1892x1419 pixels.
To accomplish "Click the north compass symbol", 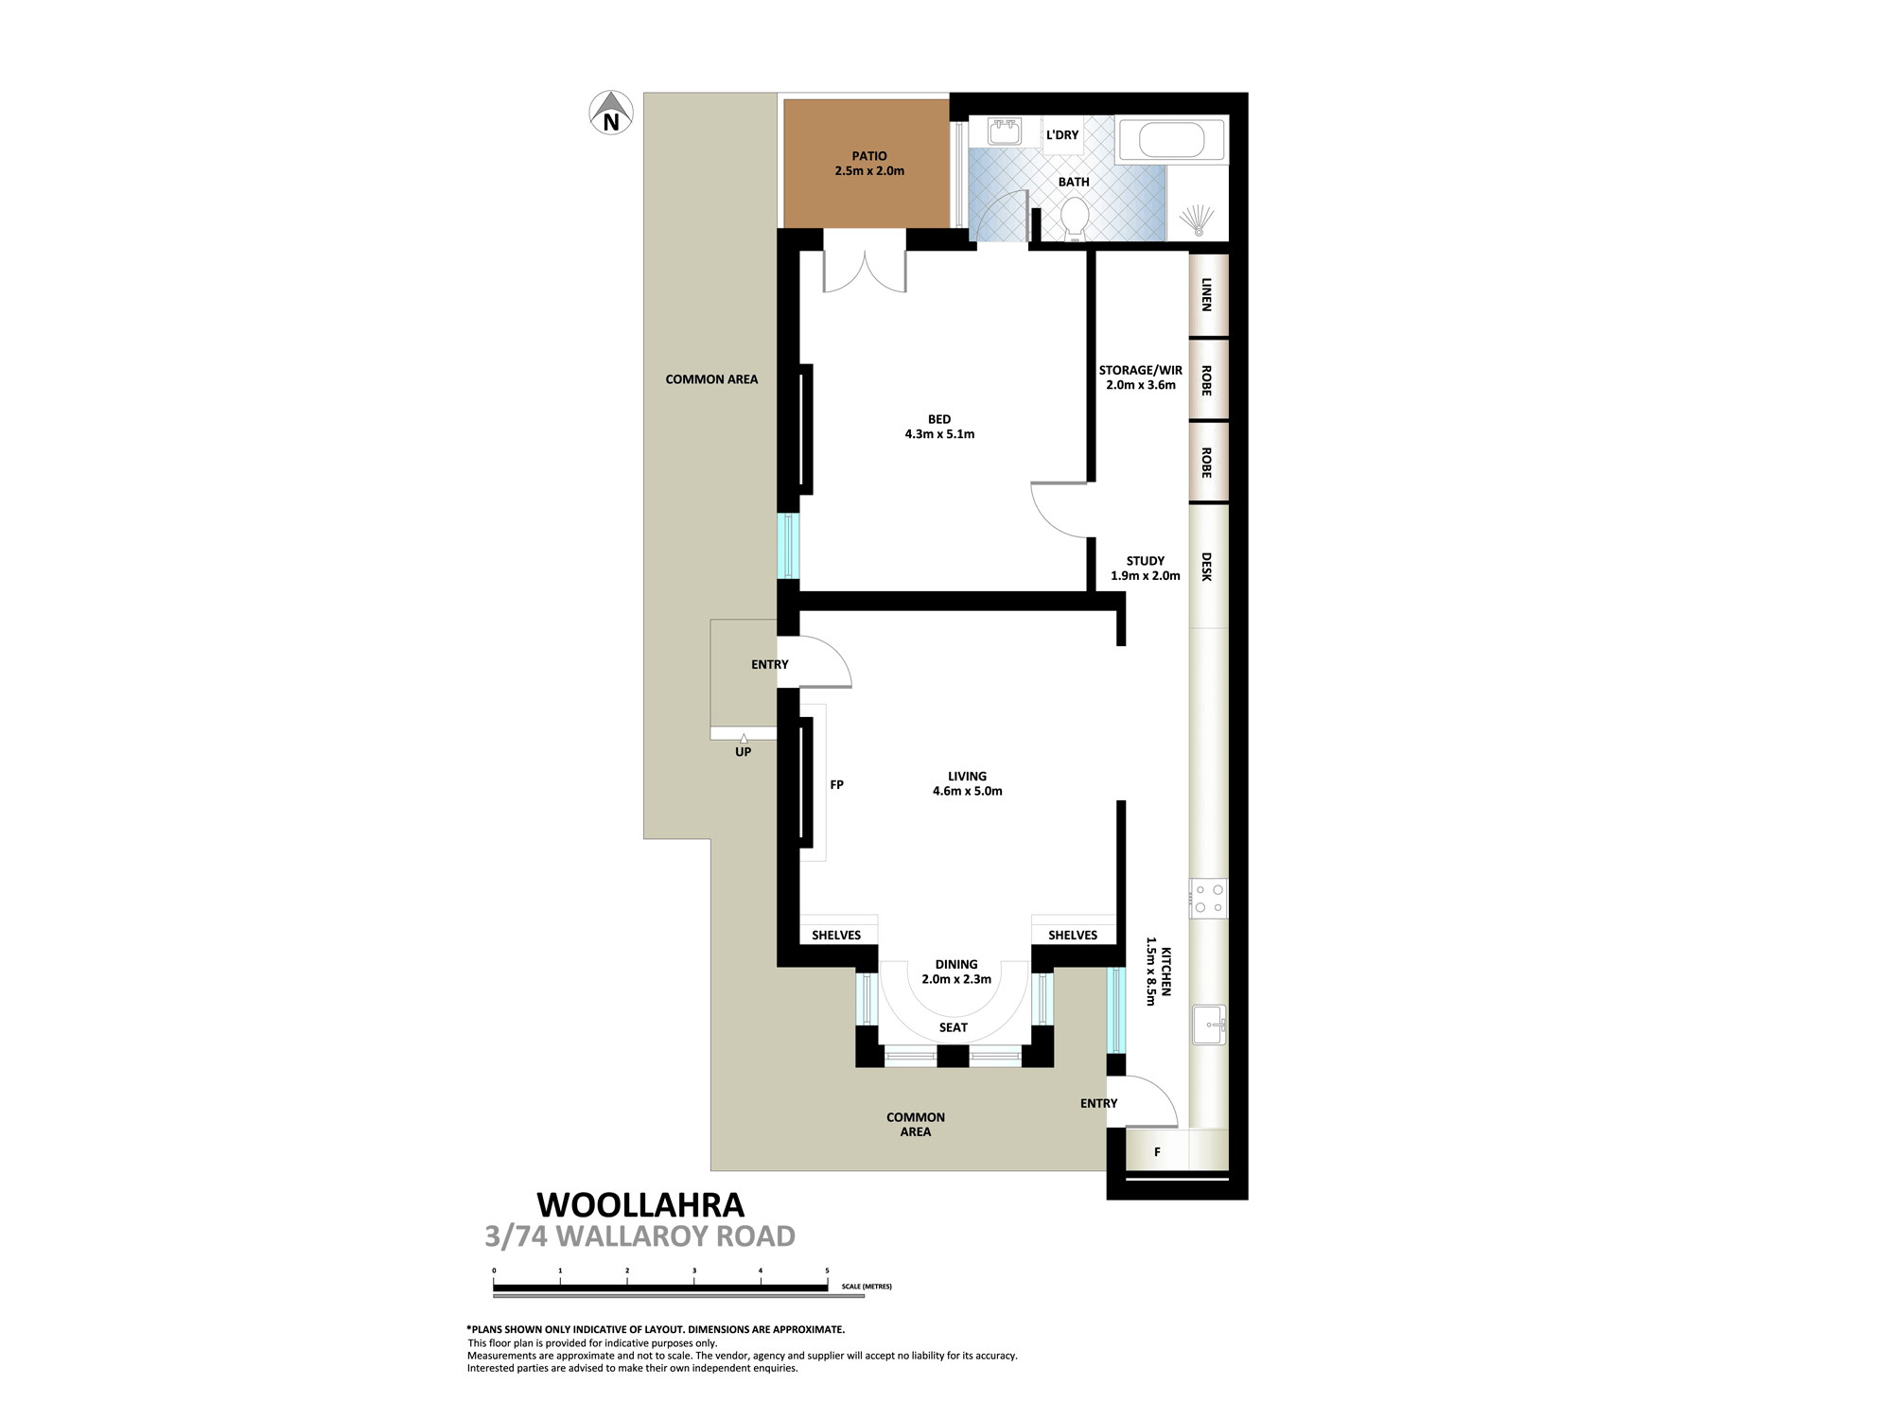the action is pyautogui.click(x=611, y=113).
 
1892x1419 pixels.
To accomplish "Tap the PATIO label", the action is pyautogui.click(x=869, y=156).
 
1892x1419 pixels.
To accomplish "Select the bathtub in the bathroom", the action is pyautogui.click(x=1172, y=140).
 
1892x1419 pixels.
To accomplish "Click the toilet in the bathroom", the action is pyautogui.click(x=1075, y=218).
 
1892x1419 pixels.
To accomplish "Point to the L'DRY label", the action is pyautogui.click(x=1062, y=135).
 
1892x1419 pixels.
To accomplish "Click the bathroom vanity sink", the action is pyautogui.click(x=1005, y=131).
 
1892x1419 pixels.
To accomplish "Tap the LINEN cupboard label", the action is pyautogui.click(x=1206, y=294).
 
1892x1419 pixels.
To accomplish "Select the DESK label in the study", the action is pyautogui.click(x=1206, y=567).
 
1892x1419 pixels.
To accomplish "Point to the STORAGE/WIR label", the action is pyautogui.click(x=1141, y=370).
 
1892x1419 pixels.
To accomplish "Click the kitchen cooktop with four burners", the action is pyautogui.click(x=1209, y=899).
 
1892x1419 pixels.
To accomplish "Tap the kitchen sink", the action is pyautogui.click(x=1209, y=1025).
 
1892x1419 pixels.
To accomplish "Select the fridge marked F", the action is pyautogui.click(x=1157, y=1151).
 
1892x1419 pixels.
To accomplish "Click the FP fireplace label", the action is pyautogui.click(x=836, y=784).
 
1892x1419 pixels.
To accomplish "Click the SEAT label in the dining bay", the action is pyautogui.click(x=954, y=1027).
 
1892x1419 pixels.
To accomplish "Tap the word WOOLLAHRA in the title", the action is pyautogui.click(x=640, y=1205).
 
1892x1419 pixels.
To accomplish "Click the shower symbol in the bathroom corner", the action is pyautogui.click(x=1198, y=220).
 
